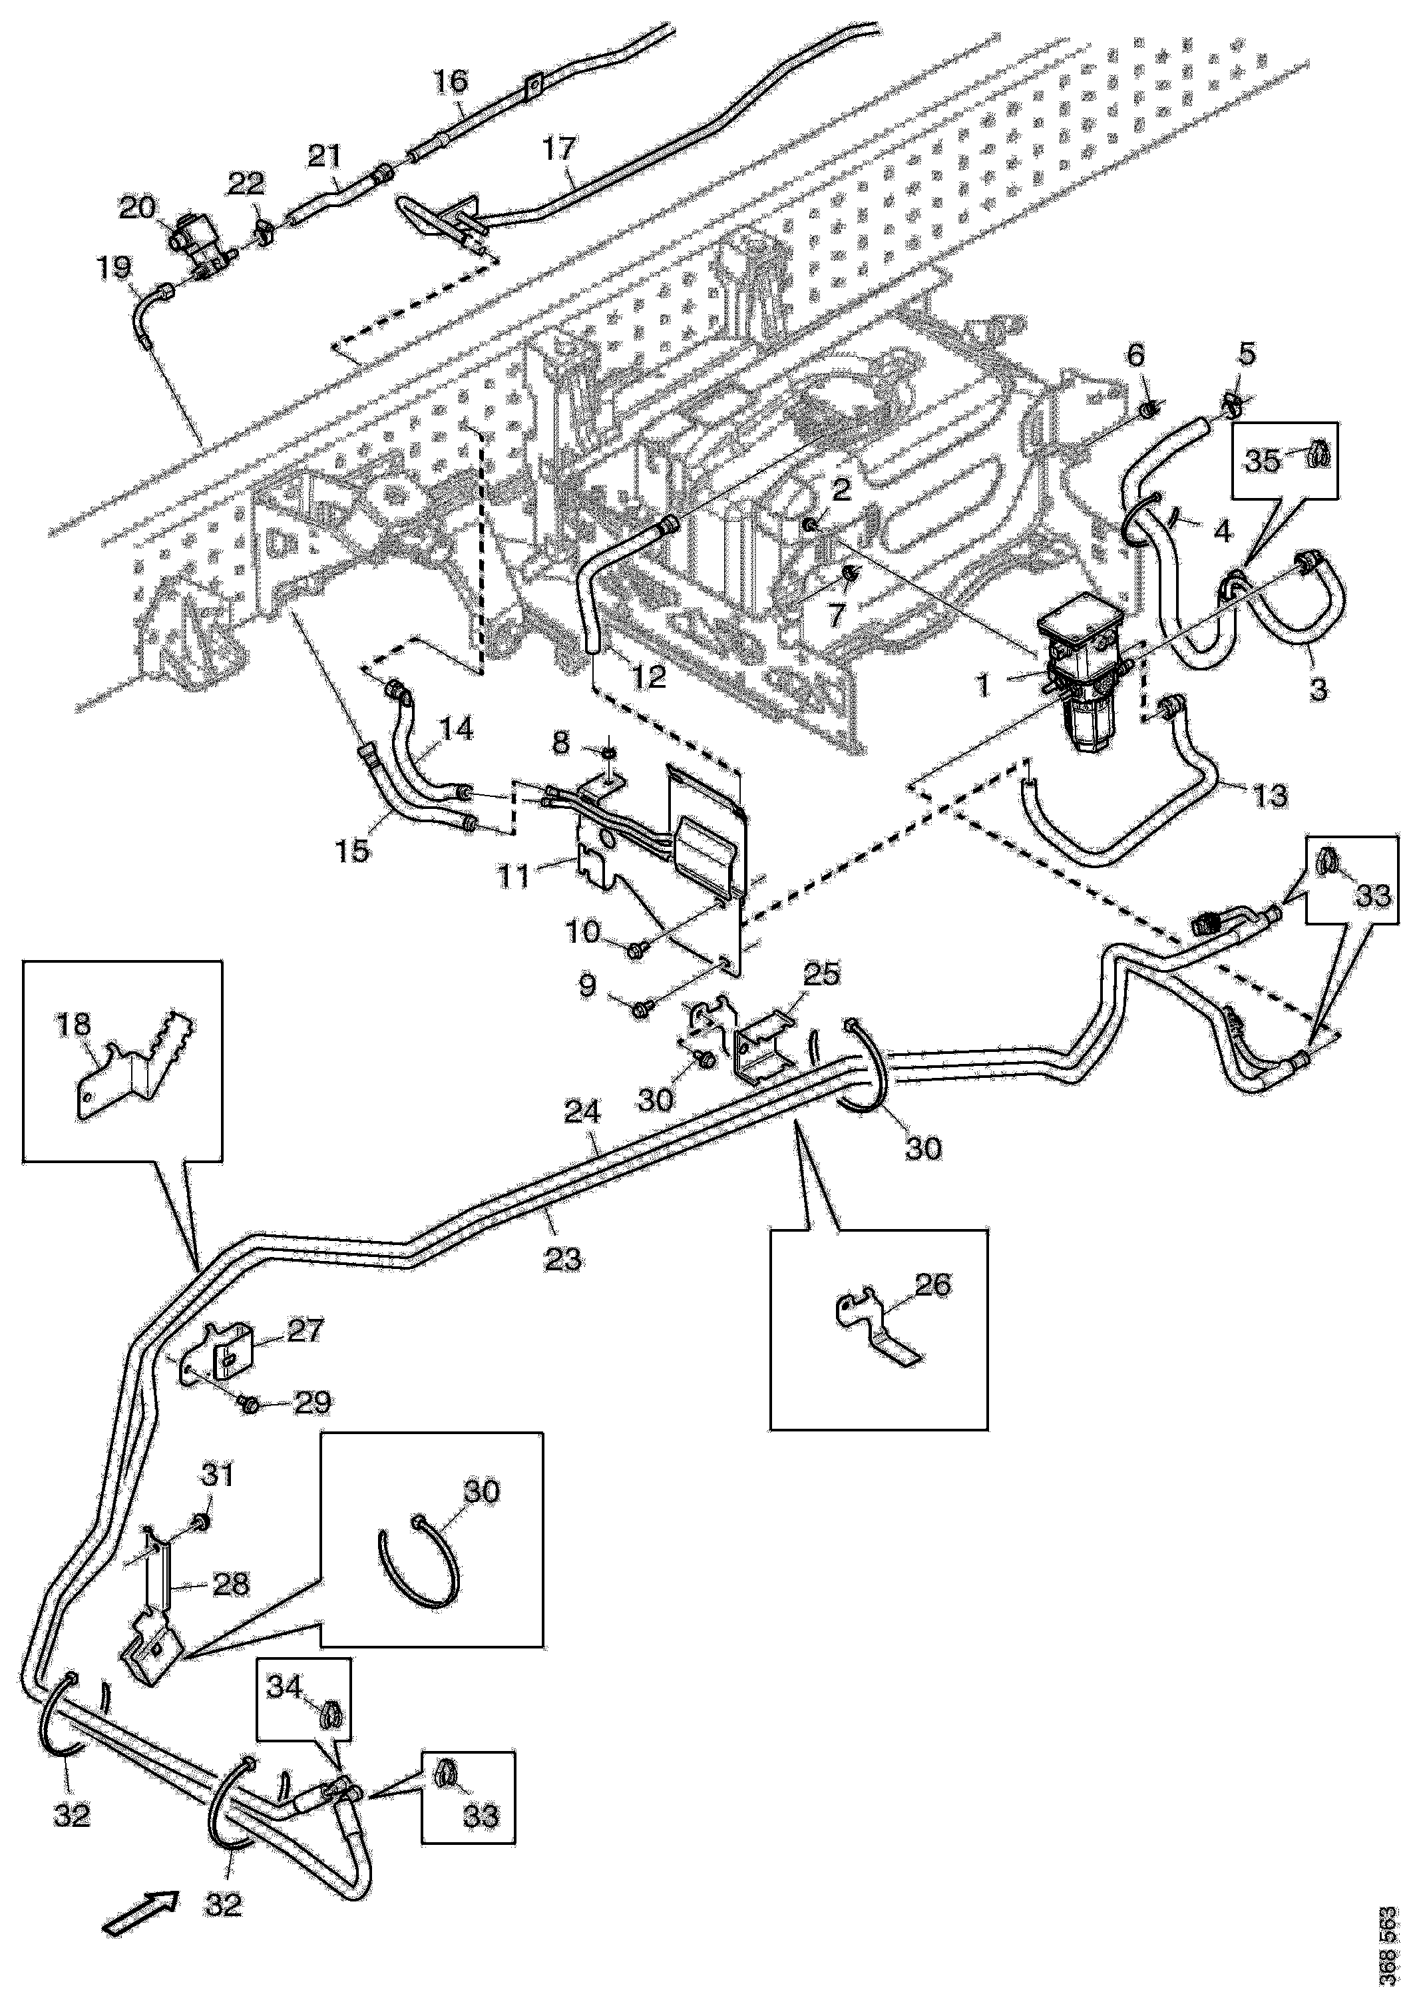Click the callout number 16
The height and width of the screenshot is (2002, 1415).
[x=451, y=82]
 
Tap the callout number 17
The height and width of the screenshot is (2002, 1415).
[x=560, y=149]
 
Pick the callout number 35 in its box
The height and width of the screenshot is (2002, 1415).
[x=1261, y=459]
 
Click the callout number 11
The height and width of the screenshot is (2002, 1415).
[x=514, y=875]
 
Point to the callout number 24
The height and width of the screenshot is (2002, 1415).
[x=582, y=1113]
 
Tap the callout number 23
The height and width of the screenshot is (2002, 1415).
[x=563, y=1258]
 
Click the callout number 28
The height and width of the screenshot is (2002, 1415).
[x=231, y=1583]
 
